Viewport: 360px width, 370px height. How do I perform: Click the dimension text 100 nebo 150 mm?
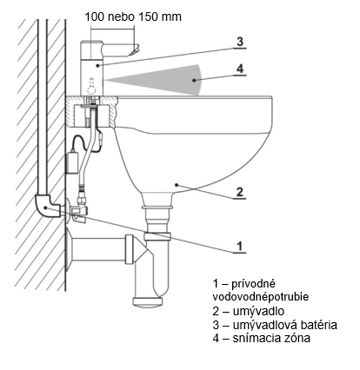click(x=133, y=17)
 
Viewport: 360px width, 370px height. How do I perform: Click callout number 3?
click(x=240, y=42)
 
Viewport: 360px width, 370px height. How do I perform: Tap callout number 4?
click(x=240, y=69)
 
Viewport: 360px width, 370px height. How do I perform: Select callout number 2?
click(x=240, y=192)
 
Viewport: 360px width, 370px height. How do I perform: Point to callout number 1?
click(x=239, y=247)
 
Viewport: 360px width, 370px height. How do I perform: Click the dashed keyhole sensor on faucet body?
click(x=92, y=86)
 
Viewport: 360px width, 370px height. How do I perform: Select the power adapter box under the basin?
click(x=71, y=163)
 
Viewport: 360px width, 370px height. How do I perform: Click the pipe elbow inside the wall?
click(x=46, y=205)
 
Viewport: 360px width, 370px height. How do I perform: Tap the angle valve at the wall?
click(x=78, y=210)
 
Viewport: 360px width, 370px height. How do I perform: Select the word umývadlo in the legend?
click(x=258, y=311)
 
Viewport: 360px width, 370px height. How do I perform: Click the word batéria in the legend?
click(x=317, y=325)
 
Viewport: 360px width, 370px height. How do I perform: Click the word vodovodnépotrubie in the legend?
click(x=261, y=297)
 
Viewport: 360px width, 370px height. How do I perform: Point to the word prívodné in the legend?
click(x=253, y=284)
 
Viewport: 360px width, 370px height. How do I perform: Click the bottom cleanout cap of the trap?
click(x=147, y=301)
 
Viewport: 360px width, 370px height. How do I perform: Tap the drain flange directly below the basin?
click(x=157, y=207)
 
